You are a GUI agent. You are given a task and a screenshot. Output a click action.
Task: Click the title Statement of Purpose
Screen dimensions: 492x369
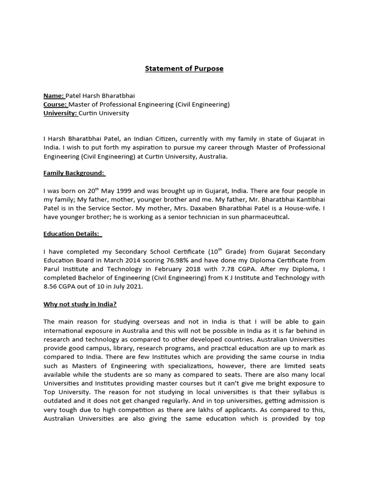click(x=184, y=69)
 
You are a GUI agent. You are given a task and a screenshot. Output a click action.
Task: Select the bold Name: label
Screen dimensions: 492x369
click(x=54, y=96)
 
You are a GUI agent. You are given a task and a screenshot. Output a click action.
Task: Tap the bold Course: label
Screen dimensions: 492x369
click(x=55, y=104)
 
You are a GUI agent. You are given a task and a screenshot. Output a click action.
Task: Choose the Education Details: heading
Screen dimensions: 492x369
click(x=73, y=234)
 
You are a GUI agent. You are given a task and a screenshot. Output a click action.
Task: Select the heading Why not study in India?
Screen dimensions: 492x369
click(x=80, y=304)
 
